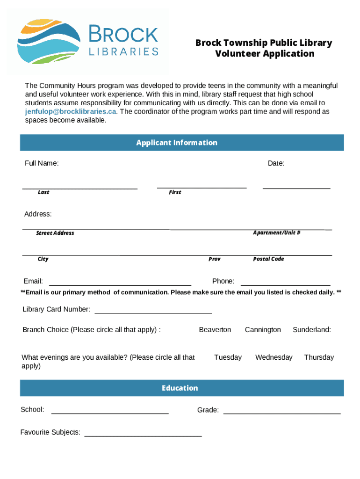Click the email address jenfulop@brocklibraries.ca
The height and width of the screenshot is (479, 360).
70,112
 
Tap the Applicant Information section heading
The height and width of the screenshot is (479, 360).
177,143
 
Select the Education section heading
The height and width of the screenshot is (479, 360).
180,388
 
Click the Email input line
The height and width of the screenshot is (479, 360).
120,283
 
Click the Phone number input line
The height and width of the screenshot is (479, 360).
285,283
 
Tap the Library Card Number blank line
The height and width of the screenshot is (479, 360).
153,312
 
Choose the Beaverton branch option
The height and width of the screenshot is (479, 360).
215,330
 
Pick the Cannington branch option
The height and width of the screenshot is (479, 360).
263,330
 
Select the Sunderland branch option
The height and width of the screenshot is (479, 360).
311,330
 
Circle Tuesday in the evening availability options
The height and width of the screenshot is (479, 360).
228,357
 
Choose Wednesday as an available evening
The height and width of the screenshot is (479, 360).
274,357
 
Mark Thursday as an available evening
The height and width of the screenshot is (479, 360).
319,357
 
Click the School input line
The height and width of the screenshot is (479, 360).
110,412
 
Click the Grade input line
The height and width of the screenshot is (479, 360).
282,412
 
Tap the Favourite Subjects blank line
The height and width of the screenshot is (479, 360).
143,435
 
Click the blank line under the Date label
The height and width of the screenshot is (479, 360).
296,187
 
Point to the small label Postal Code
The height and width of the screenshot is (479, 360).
268,259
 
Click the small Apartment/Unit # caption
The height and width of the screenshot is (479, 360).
276,232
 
